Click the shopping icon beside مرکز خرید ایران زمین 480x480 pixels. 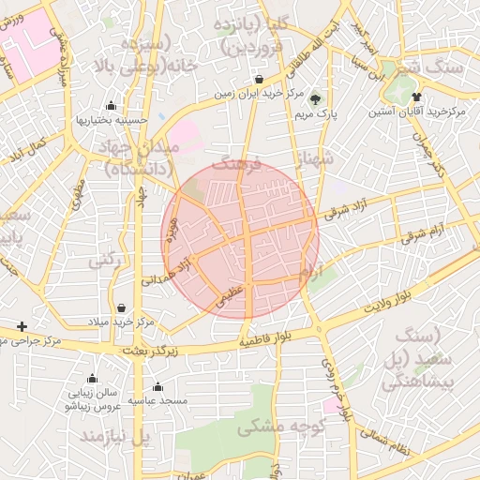click(x=259, y=80)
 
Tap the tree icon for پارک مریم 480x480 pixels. click(x=315, y=99)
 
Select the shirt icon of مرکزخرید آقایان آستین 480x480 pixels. click(x=416, y=97)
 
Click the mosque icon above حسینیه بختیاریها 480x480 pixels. click(x=112, y=105)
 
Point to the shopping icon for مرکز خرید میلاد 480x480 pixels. click(x=121, y=307)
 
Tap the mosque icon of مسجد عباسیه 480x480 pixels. click(x=157, y=386)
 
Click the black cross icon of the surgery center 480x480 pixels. click(x=22, y=325)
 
